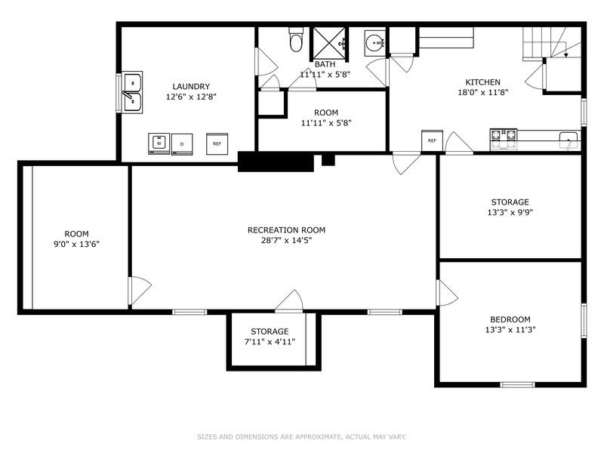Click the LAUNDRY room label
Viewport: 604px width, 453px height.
point(190,86)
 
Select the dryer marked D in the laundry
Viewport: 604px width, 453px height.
point(182,143)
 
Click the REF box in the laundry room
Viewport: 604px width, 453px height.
point(217,143)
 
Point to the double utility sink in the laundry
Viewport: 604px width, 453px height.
point(133,91)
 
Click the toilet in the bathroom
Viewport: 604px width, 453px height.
point(296,41)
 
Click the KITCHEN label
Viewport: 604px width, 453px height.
point(482,82)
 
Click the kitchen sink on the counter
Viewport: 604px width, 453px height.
point(568,137)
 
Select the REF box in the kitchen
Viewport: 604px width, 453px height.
point(432,140)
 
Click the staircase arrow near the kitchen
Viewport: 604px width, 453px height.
point(565,53)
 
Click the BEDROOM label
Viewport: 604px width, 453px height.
point(510,319)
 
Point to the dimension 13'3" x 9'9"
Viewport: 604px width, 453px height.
point(510,212)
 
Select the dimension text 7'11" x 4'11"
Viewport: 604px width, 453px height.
point(270,341)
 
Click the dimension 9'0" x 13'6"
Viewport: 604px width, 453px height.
point(76,244)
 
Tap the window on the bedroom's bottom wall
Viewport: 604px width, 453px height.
point(517,384)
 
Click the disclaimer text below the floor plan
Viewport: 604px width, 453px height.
point(301,436)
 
